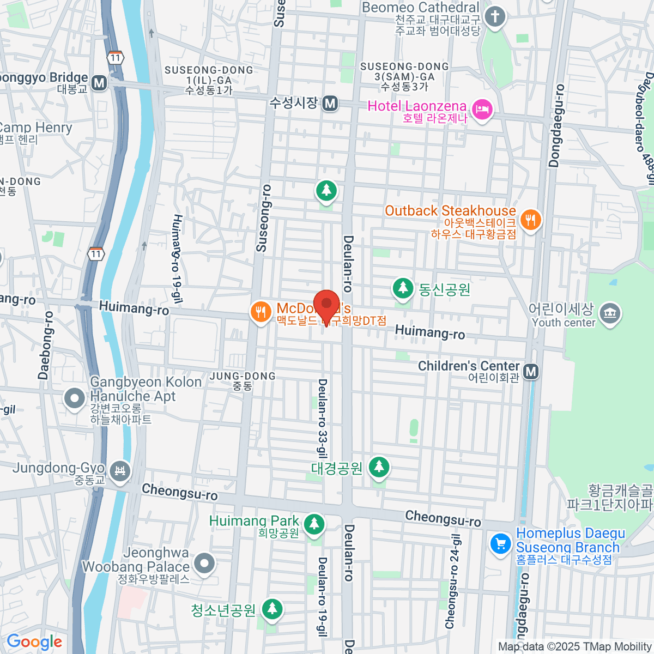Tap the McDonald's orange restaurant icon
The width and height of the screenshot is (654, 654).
[261, 312]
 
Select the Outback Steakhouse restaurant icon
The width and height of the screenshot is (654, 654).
[530, 220]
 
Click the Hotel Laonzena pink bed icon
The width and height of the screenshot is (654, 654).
[482, 110]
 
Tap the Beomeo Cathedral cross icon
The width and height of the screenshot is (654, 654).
[495, 16]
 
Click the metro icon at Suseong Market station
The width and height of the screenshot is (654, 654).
[330, 103]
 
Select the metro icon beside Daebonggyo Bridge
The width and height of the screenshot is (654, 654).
[99, 83]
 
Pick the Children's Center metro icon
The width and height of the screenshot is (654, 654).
[531, 372]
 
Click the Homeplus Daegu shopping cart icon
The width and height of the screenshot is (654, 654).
[500, 544]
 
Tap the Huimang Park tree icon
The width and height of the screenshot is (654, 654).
[313, 524]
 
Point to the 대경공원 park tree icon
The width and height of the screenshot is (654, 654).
[379, 467]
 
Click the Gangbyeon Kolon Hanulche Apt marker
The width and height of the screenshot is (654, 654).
[74, 398]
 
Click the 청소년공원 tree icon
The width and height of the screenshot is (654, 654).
[272, 609]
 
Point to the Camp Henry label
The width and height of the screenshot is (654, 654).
[35, 128]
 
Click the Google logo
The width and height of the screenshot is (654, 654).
[34, 642]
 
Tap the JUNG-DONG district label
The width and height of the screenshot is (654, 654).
[243, 376]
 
